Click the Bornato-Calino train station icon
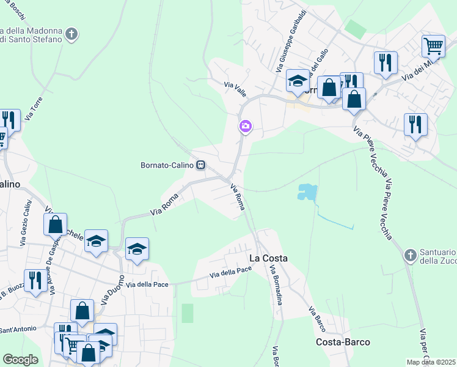pos(200,165)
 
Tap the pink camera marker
pos(245,127)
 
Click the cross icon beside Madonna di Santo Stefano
pos(72,34)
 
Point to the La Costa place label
pos(268,258)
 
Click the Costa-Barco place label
pos(343,342)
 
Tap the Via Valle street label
pos(235,89)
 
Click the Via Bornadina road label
pos(276,287)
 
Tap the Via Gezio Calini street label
pos(26,223)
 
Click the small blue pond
pos(307,193)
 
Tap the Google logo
pos(20,360)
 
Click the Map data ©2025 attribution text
pos(431,362)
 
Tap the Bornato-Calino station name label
pos(167,165)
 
